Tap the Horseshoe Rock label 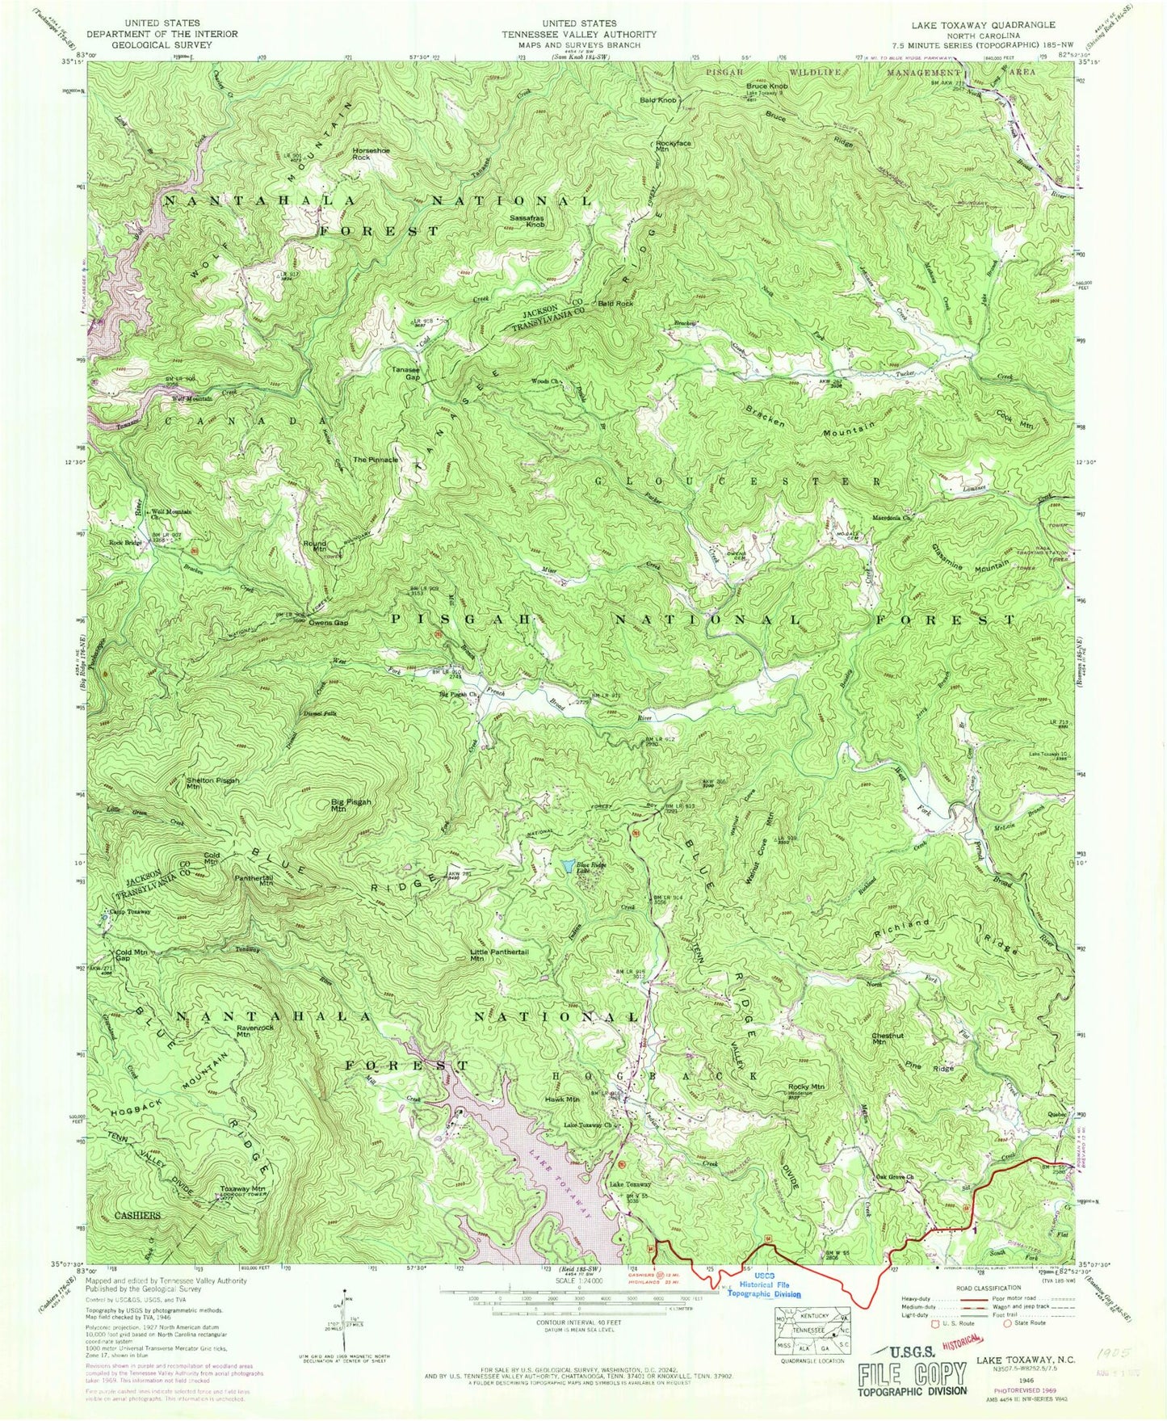pos(372,153)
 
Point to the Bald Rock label pos(615,304)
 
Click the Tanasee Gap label pos(406,373)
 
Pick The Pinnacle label pos(376,459)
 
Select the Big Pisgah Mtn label pos(351,805)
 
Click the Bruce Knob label pos(766,86)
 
